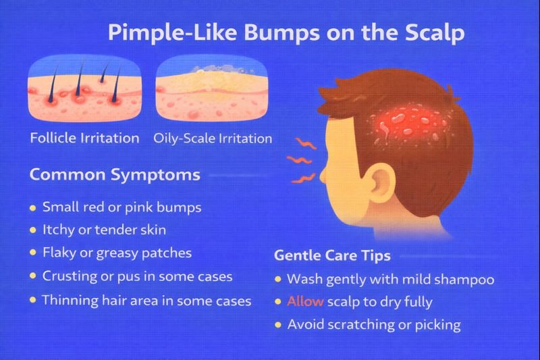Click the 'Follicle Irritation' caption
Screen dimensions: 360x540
coord(84,138)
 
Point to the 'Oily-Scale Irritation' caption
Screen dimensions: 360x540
coord(213,138)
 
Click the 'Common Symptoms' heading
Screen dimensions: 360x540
coord(115,175)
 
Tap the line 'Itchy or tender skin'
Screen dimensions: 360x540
coord(104,230)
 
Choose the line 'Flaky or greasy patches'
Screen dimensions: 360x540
coord(117,253)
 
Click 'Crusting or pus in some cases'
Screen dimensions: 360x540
coord(137,276)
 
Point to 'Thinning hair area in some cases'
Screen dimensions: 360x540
coord(146,300)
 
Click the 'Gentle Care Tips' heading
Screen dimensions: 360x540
coord(332,256)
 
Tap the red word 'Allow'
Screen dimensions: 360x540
coord(301,302)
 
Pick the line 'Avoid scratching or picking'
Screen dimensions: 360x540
coord(374,325)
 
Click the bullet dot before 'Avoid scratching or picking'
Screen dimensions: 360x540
coord(277,326)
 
